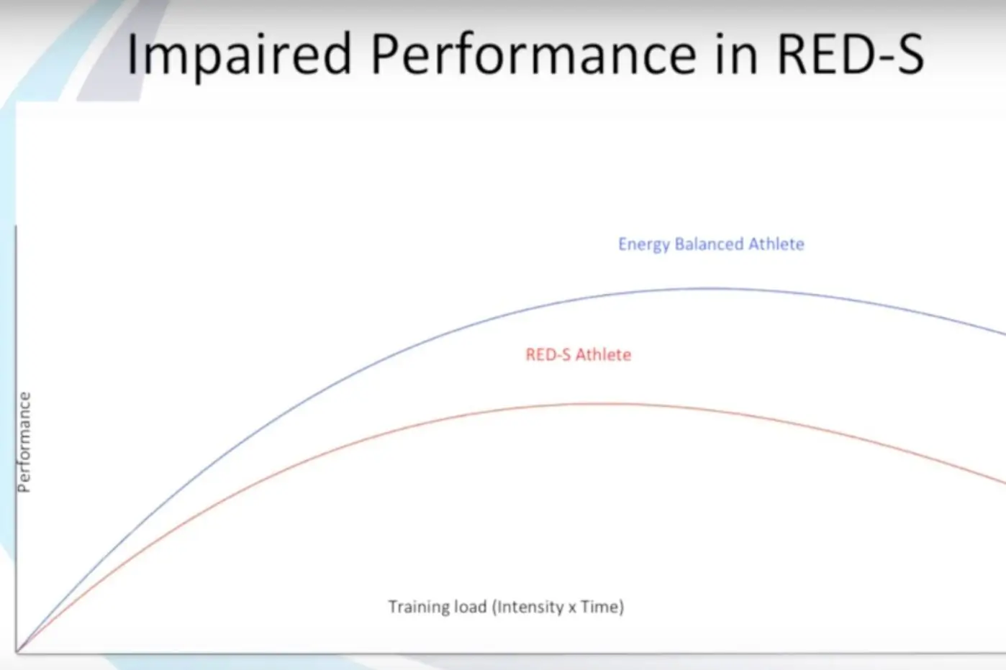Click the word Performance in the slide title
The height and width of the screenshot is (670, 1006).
[x=533, y=55]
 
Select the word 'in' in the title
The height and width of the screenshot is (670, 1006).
[x=737, y=55]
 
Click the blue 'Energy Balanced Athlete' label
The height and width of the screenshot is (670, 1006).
[x=711, y=244]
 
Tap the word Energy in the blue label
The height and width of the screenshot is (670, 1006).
[x=643, y=244]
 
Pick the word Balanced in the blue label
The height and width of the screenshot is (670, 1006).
[x=708, y=244]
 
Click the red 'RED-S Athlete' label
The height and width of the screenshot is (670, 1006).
[x=578, y=354]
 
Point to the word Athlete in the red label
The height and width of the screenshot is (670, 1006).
[x=603, y=354]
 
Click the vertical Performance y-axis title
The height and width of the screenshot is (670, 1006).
[x=24, y=442]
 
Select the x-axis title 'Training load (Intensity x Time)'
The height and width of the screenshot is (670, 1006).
[x=506, y=607]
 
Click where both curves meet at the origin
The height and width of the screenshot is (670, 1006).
[x=17, y=652]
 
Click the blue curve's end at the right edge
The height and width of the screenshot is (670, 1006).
[x=1002, y=333]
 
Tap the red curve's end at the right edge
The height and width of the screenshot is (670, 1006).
[x=1002, y=481]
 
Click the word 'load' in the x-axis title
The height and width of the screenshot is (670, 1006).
[x=470, y=607]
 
